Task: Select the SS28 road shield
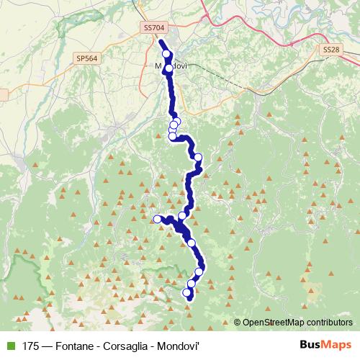[x=330, y=49]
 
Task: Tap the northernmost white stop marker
[x=166, y=55]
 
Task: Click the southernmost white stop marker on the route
[x=187, y=293]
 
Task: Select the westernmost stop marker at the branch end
[x=157, y=219]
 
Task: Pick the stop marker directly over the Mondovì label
[x=168, y=69]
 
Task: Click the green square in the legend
[x=9, y=345]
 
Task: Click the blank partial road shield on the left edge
[x=3, y=94]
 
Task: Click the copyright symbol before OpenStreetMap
[x=238, y=322]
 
